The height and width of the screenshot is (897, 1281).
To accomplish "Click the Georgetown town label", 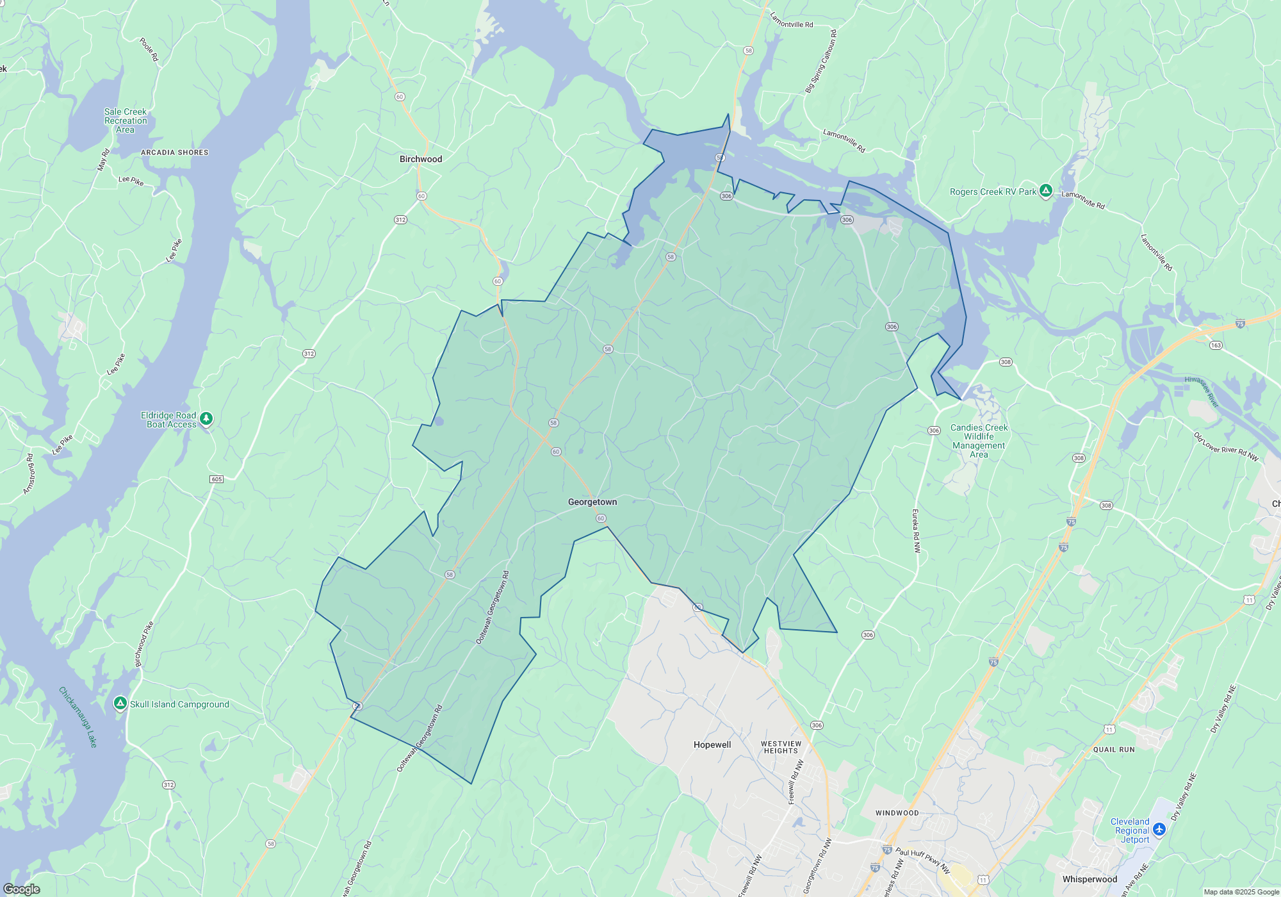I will (592, 502).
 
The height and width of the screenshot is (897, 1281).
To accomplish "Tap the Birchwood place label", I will (421, 159).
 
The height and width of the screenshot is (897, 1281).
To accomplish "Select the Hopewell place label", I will (712, 745).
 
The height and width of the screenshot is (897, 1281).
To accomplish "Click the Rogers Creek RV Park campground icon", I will (1046, 190).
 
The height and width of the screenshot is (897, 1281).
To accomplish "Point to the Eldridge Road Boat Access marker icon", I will (206, 418).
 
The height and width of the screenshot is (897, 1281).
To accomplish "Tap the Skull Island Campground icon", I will (120, 704).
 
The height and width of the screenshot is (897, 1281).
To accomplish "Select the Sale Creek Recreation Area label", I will (126, 120).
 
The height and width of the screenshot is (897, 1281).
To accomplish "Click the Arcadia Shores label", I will (174, 152).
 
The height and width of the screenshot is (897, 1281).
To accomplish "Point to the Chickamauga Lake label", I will (78, 717).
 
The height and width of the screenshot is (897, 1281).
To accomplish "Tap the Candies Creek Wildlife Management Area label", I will (979, 441).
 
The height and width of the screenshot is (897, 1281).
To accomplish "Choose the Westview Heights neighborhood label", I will (781, 747).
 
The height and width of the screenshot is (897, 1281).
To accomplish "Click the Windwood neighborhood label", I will (897, 813).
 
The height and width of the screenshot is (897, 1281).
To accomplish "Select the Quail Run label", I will (1114, 750).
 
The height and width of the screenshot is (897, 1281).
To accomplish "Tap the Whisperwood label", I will (1089, 879).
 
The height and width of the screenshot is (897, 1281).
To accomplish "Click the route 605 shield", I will (216, 479).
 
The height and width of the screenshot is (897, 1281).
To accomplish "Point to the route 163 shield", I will (1216, 345).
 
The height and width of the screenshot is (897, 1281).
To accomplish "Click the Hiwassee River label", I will (1202, 392).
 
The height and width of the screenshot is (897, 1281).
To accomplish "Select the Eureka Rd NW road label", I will (916, 531).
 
